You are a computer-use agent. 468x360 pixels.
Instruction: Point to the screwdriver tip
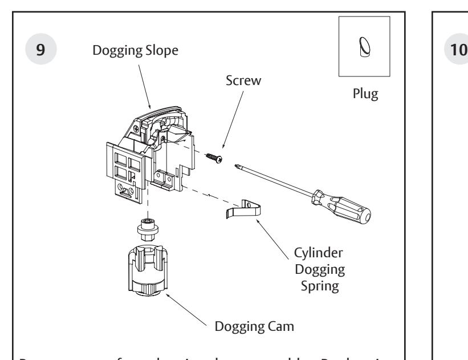tap(237, 165)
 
